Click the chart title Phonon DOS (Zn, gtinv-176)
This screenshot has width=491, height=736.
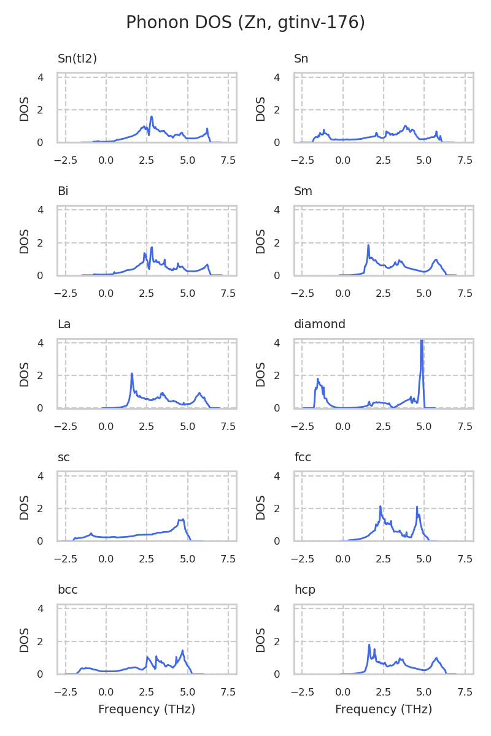[245, 23]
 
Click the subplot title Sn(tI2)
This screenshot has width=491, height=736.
[77, 59]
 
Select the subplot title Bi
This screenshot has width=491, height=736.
[63, 191]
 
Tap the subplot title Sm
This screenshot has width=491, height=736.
[303, 191]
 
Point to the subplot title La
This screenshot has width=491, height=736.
[64, 324]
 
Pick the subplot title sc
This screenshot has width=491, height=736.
[63, 457]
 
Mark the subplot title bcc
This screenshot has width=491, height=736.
[68, 589]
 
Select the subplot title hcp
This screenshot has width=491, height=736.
[304, 589]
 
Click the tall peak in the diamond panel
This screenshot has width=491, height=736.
[422, 342]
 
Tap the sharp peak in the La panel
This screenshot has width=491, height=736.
[132, 374]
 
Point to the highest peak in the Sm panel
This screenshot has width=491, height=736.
[368, 245]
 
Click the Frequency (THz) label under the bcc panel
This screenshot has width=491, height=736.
[147, 710]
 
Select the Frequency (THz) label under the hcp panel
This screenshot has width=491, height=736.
[384, 710]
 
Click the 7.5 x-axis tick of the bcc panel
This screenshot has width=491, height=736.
[228, 692]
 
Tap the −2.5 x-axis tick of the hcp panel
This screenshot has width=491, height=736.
[302, 692]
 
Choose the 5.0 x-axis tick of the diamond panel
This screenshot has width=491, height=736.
[424, 426]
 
